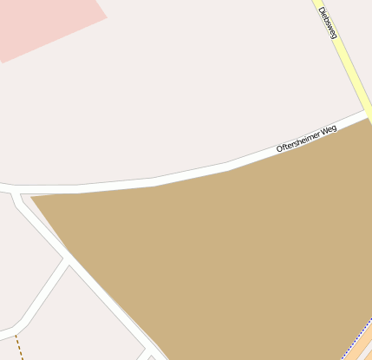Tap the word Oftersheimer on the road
click(x=296, y=141)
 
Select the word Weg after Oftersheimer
click(x=327, y=129)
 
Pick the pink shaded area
click(x=43, y=22)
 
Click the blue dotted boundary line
click(x=354, y=345)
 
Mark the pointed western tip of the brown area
click(x=33, y=199)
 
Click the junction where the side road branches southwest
click(x=68, y=259)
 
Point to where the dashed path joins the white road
click(x=15, y=333)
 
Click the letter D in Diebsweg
click(x=321, y=11)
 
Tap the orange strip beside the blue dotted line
click(x=363, y=344)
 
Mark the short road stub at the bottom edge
click(x=142, y=354)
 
